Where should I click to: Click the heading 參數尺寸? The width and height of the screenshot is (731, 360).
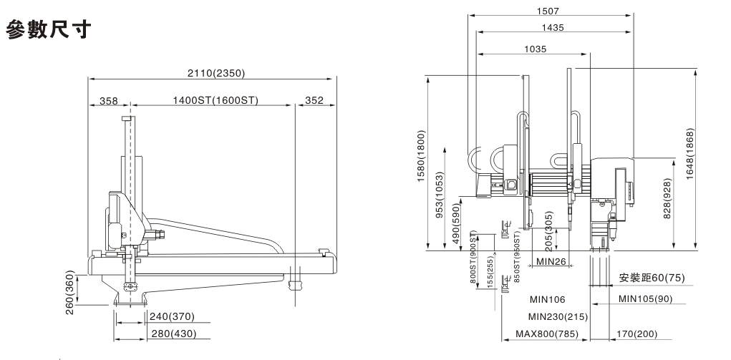coord(49,30)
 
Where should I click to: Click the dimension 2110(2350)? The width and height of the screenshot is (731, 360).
coord(212,73)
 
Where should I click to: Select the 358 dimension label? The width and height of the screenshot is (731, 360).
coord(108,100)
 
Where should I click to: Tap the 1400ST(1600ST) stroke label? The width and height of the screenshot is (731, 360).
coord(215,100)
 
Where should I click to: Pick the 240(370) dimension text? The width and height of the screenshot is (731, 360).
coord(170,316)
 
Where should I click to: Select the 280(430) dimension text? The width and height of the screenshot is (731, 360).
coord(170,333)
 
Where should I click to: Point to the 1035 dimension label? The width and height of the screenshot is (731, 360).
coord(535,49)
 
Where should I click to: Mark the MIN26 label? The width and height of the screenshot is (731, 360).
coord(552,262)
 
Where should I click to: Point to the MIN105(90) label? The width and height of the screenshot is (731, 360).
coord(645,298)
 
